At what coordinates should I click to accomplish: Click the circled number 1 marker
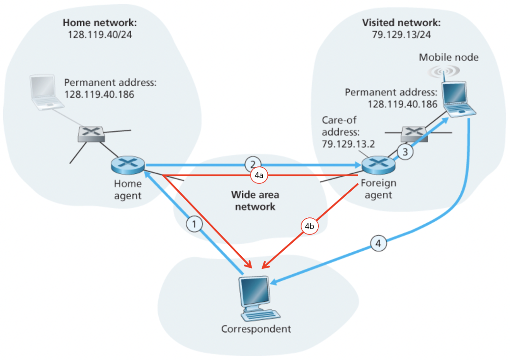pos(194,224)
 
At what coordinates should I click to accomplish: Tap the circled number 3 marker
pos(405,152)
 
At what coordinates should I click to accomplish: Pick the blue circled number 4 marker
pos(378,243)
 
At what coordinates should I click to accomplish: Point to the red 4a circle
pos(259,175)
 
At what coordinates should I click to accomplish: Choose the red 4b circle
pos(310,226)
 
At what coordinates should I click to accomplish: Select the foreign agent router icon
pos(378,165)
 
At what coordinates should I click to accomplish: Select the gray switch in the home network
pos(91,134)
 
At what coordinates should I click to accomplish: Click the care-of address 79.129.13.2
pos(348,144)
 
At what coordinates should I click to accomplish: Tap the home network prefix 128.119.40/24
pos(100,35)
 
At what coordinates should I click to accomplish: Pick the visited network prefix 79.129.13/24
pos(401,35)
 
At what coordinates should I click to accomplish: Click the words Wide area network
pos(255,201)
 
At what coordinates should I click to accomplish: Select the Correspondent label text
pos(256,329)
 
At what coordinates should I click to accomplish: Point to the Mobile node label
pos(448,58)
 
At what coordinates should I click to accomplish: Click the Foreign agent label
pos(378,189)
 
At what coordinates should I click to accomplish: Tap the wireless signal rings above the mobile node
pos(444,71)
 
